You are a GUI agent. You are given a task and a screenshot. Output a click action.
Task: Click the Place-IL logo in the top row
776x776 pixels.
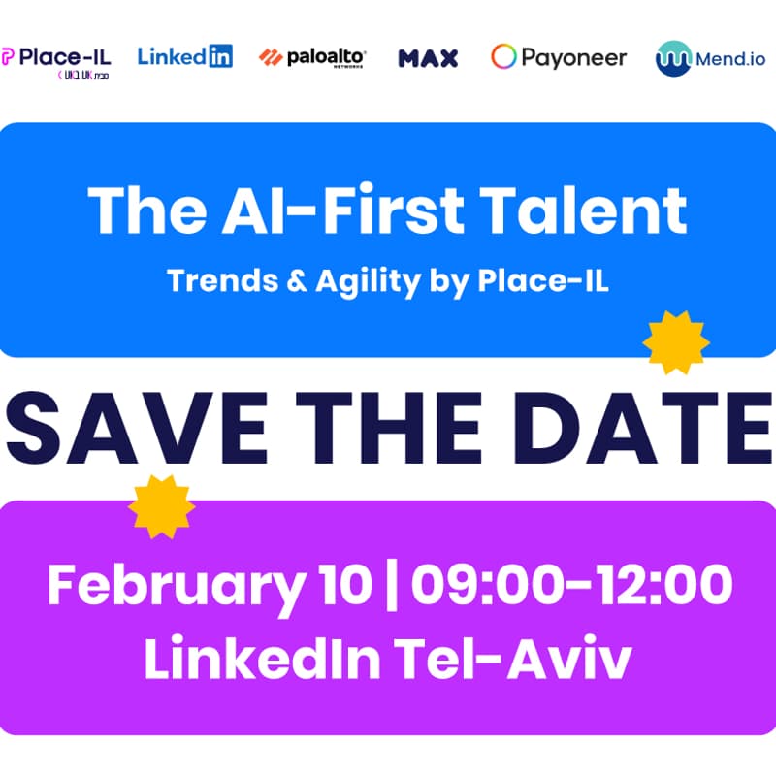[56, 60]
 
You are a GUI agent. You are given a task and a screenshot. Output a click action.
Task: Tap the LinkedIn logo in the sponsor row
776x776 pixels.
[185, 55]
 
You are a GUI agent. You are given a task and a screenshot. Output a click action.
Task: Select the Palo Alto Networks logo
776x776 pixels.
[312, 57]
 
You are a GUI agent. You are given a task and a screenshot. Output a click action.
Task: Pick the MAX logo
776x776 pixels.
[428, 57]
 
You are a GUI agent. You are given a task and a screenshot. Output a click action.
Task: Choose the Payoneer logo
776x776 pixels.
[559, 57]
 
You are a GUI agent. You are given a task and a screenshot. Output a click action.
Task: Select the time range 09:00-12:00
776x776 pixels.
[571, 586]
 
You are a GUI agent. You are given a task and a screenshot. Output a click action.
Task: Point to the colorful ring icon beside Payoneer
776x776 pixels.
[503, 57]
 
